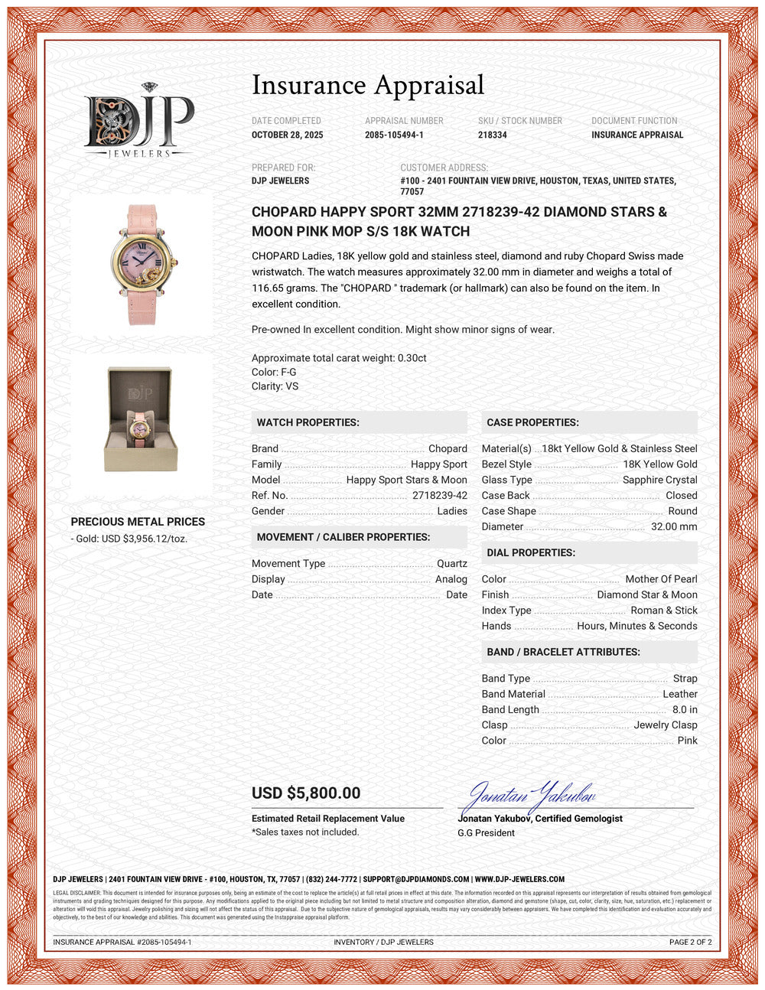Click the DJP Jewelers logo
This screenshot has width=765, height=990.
tap(138, 121)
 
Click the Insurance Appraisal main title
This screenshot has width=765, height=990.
tap(368, 85)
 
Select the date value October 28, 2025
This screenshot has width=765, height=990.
tap(288, 135)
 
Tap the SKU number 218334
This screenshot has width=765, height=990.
tap(493, 135)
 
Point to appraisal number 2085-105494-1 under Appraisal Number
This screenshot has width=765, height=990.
tap(394, 135)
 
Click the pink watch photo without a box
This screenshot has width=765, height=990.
tap(142, 264)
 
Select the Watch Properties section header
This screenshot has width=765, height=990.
tap(308, 422)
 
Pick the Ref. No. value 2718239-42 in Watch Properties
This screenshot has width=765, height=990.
tap(439, 495)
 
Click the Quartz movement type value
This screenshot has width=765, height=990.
tap(451, 564)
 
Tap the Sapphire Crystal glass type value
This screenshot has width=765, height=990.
tap(659, 480)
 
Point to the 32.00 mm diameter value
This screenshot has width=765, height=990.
tap(673, 526)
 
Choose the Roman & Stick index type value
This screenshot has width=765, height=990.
tap(663, 611)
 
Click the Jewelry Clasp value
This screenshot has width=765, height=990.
tap(665, 725)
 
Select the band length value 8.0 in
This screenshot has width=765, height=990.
tap(684, 710)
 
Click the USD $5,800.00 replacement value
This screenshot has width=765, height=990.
tap(306, 793)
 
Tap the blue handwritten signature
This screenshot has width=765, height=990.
tap(531, 797)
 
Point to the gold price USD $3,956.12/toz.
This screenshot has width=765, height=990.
tap(132, 539)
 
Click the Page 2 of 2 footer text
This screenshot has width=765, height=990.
tap(690, 942)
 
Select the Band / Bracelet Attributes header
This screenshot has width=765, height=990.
tap(563, 652)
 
